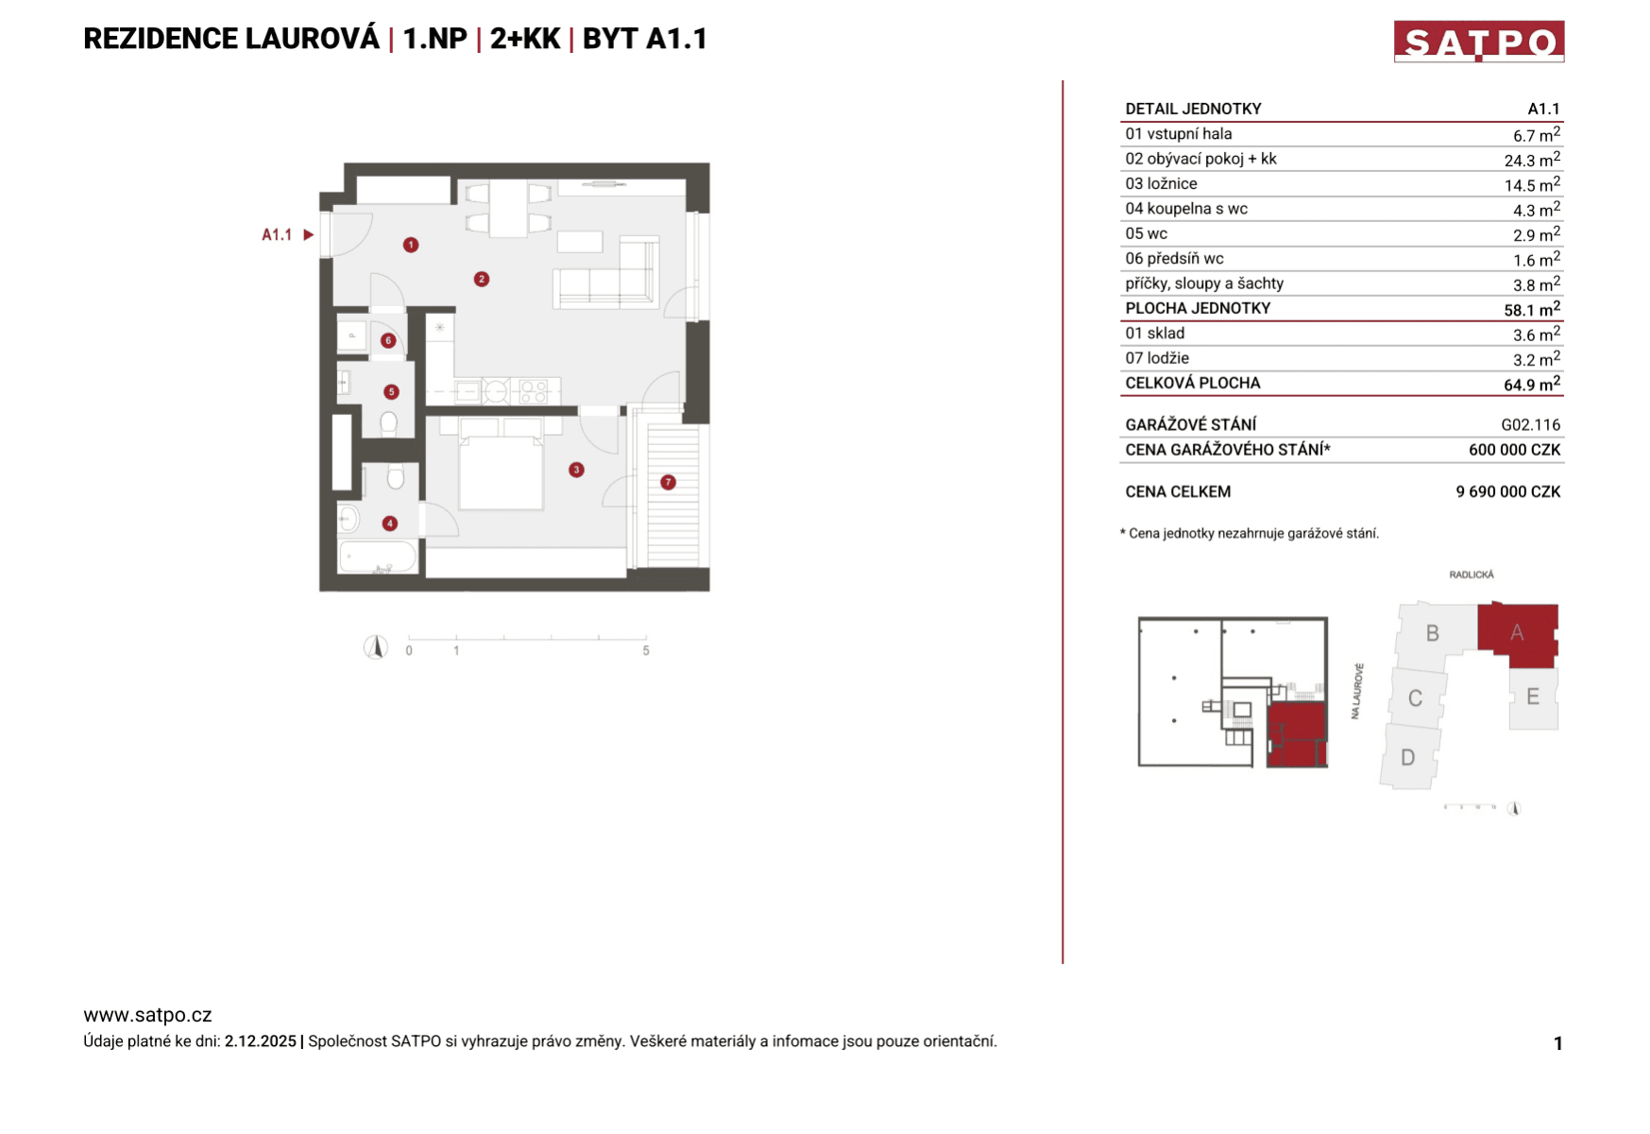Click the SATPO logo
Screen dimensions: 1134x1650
click(x=1478, y=42)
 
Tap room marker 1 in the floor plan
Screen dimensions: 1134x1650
click(x=411, y=245)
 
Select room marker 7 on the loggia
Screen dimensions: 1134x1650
click(x=668, y=482)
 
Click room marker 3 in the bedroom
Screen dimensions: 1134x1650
click(x=576, y=470)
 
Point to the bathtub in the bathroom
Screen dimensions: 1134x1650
click(x=378, y=557)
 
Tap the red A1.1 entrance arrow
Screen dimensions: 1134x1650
click(x=308, y=234)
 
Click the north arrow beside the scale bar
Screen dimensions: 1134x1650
click(x=376, y=647)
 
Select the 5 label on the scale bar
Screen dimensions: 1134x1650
click(x=646, y=651)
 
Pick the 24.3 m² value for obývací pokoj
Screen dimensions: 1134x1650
click(x=1531, y=160)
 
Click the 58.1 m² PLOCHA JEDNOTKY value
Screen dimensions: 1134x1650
click(x=1531, y=309)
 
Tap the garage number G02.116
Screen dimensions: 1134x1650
click(x=1530, y=425)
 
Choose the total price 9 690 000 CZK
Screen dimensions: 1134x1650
click(x=1507, y=491)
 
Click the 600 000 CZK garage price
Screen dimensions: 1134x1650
click(x=1514, y=450)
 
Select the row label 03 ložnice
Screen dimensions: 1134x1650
click(x=1161, y=184)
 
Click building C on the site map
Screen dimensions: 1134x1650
click(x=1415, y=698)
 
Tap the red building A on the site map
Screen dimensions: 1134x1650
click(x=1517, y=632)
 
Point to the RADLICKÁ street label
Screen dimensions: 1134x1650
click(x=1471, y=575)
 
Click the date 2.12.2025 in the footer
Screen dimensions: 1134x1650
click(x=260, y=1041)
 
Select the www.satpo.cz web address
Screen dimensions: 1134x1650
click(x=147, y=1015)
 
